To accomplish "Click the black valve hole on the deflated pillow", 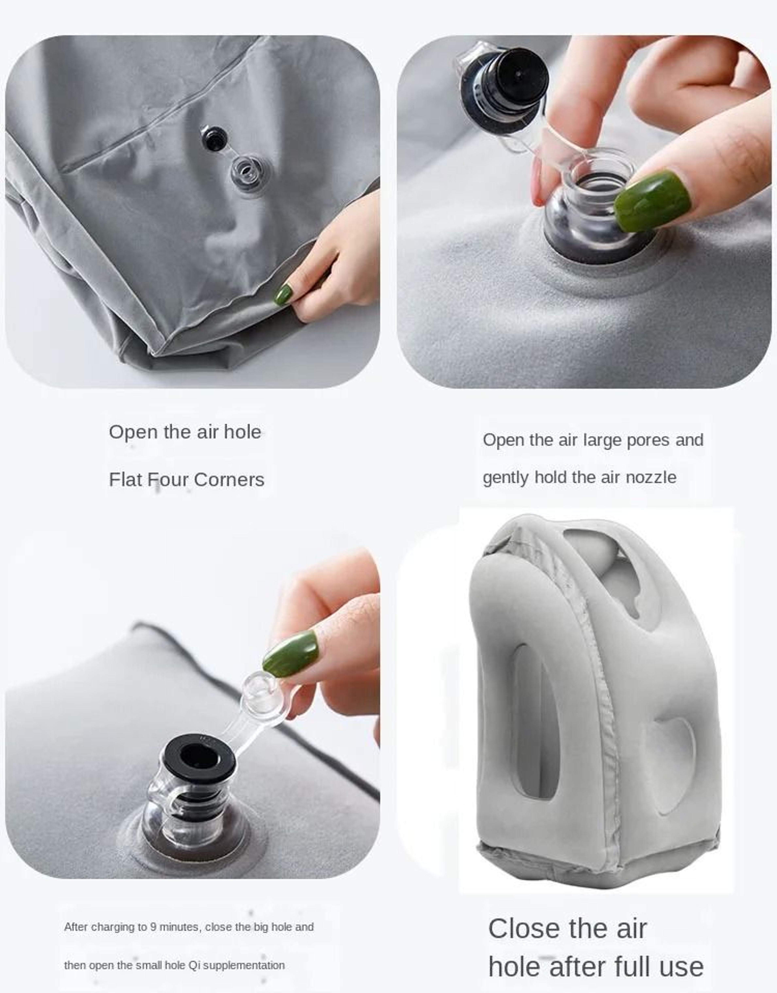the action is (214, 139).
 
